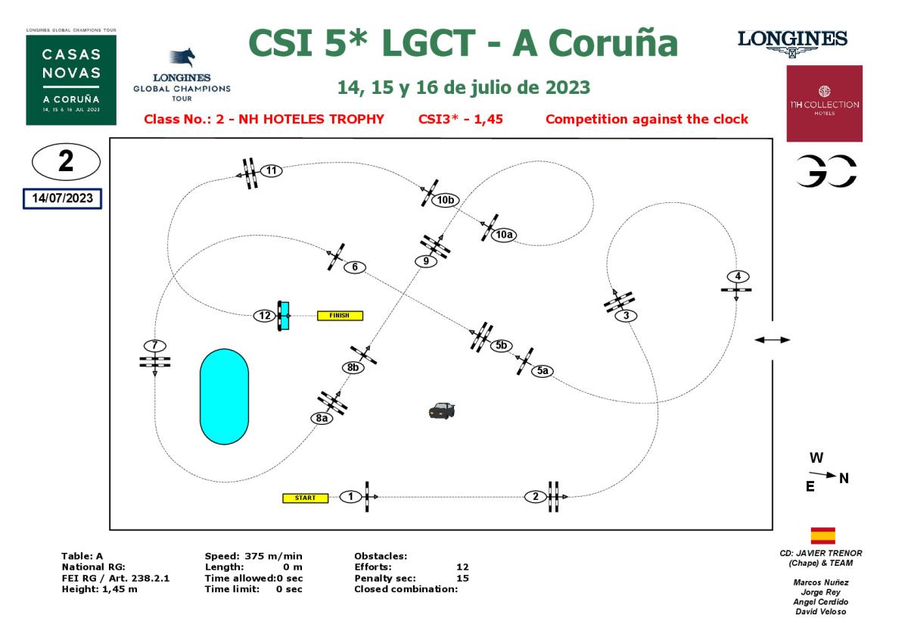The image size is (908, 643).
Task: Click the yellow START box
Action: pyautogui.click(x=306, y=498)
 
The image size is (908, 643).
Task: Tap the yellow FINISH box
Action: pyautogui.click(x=340, y=316)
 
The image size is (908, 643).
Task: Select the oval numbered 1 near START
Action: pyautogui.click(x=350, y=497)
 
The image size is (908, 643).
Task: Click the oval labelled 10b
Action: pyautogui.click(x=446, y=201)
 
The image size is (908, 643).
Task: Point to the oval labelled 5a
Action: pyautogui.click(x=543, y=371)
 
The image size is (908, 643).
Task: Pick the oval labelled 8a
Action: pyautogui.click(x=322, y=418)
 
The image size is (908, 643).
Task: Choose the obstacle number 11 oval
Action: pyautogui.click(x=272, y=170)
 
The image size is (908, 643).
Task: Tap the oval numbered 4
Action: pyautogui.click(x=738, y=276)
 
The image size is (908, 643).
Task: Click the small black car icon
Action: pyautogui.click(x=441, y=410)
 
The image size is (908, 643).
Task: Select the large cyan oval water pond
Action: pyautogui.click(x=223, y=396)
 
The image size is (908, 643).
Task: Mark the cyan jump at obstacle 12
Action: pyautogui.click(x=285, y=316)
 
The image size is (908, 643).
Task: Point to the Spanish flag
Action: pyautogui.click(x=822, y=535)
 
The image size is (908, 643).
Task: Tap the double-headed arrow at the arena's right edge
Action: pyautogui.click(x=772, y=340)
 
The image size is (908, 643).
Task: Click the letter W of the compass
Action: pyautogui.click(x=816, y=458)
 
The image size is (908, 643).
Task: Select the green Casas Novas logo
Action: pyautogui.click(x=71, y=80)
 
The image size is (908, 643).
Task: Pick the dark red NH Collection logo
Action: pyautogui.click(x=824, y=104)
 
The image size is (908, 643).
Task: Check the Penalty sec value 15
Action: pyautogui.click(x=463, y=578)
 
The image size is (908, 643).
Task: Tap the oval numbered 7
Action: pyautogui.click(x=154, y=345)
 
